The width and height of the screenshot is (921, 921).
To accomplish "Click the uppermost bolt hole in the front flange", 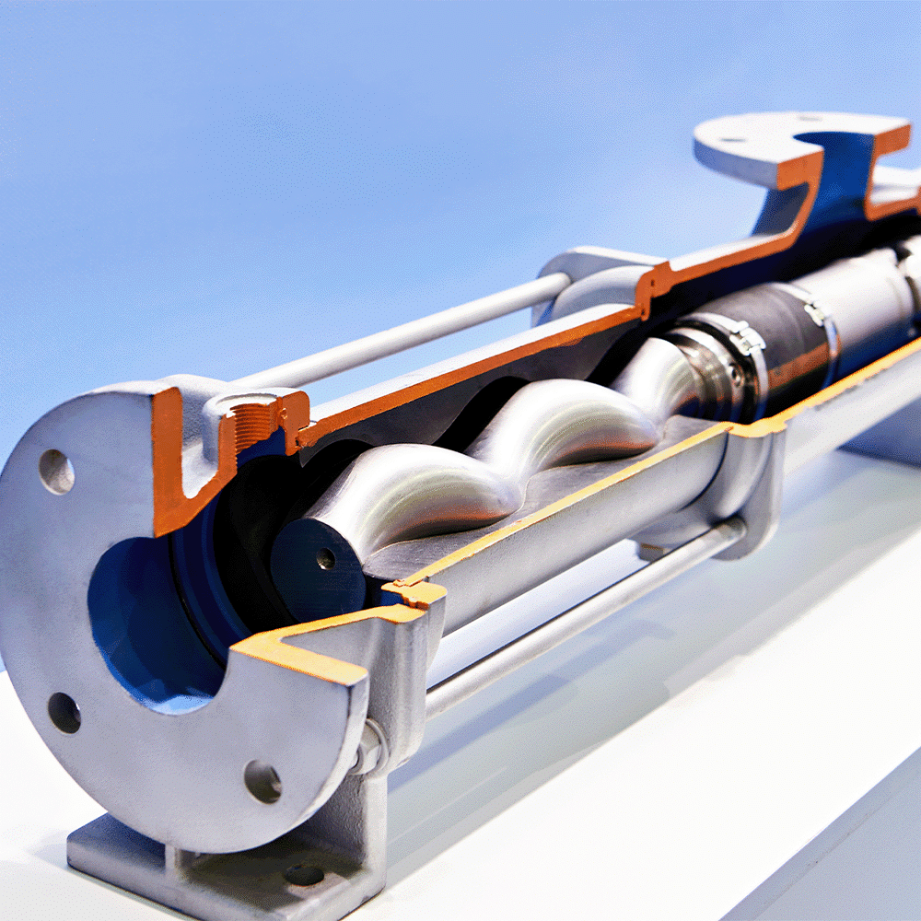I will tap(56, 472).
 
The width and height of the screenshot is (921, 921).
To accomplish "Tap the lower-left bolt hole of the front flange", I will tap(64, 712).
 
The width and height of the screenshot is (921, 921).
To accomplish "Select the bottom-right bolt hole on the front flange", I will tap(262, 781).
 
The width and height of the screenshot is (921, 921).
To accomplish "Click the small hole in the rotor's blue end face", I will tap(325, 558).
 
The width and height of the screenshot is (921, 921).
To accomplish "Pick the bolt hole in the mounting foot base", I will tap(303, 875).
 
